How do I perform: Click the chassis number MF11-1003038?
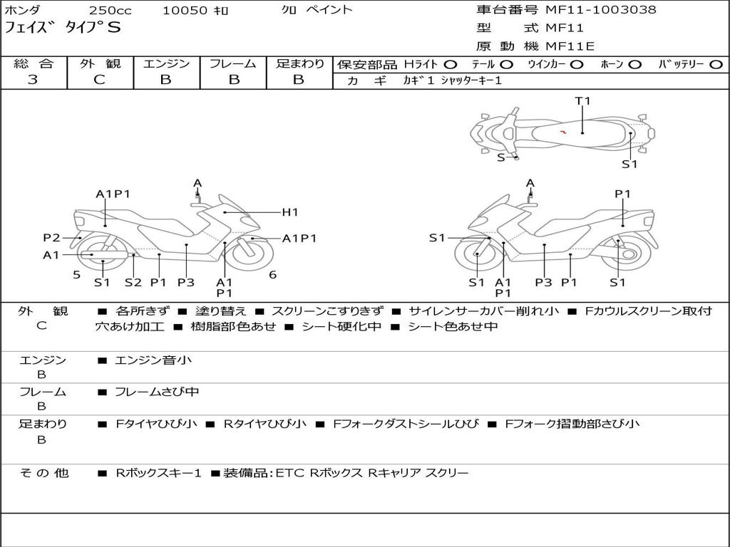(x=601, y=10)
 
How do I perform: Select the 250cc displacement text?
(x=110, y=11)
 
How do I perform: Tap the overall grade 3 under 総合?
(x=33, y=80)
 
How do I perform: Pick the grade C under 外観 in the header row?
(x=99, y=80)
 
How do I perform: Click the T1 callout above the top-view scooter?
(x=582, y=101)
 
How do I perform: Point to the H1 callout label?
(x=290, y=212)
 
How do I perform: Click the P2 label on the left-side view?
(x=51, y=238)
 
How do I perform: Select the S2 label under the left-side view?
(x=133, y=282)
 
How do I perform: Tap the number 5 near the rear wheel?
(x=77, y=275)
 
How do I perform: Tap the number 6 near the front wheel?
(x=273, y=275)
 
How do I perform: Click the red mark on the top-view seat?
(x=563, y=132)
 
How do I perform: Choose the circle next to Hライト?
(x=451, y=65)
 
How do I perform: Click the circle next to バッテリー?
(x=716, y=65)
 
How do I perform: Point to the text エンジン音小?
(x=153, y=360)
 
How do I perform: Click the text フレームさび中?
(x=157, y=392)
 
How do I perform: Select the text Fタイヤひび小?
(x=156, y=424)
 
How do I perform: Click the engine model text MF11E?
(x=570, y=46)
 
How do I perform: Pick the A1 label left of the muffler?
(x=51, y=255)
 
